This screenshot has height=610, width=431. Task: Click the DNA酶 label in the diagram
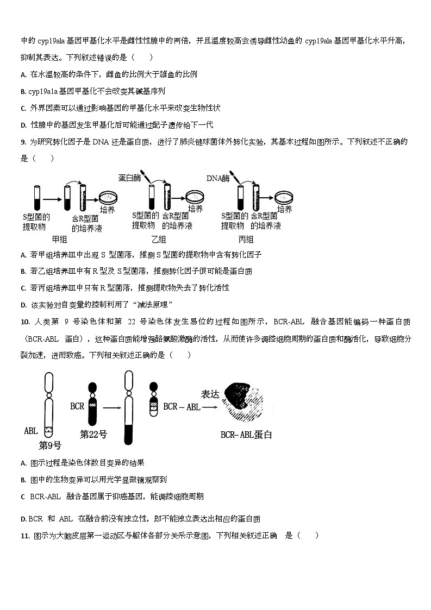218,178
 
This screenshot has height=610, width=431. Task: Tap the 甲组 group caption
59,239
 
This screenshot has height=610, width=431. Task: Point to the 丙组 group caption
246,239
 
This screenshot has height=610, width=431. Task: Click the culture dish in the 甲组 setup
112,197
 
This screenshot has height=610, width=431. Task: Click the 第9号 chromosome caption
50,445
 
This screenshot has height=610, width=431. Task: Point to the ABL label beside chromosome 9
31,431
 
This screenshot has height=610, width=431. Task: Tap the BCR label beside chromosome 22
77,406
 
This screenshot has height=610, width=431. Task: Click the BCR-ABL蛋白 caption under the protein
246,435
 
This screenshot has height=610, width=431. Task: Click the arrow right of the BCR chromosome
111,406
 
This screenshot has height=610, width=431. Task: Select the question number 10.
24,322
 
